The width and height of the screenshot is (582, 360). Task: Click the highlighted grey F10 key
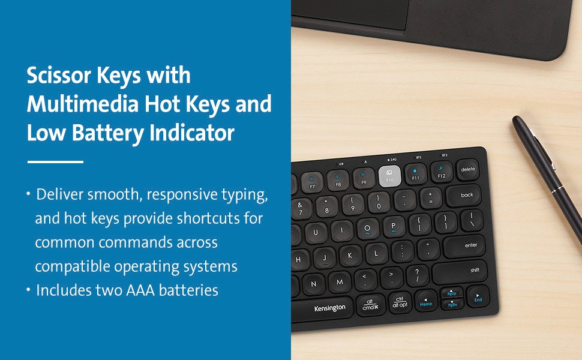point(389,176)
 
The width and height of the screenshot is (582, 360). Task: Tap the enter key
point(466,246)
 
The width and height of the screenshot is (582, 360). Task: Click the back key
point(464,196)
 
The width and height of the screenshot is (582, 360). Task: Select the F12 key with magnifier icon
point(442,172)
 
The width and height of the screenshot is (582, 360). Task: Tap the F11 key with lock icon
point(415,174)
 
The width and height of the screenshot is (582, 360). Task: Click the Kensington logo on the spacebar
point(329,308)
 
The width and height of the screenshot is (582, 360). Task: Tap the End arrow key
point(478,297)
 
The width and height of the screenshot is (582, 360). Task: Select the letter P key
point(394,227)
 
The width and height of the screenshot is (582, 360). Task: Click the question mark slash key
point(418,277)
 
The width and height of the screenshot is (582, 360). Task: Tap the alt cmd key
point(370,305)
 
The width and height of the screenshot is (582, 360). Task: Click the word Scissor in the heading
point(59,75)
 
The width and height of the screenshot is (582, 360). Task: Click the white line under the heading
point(55,162)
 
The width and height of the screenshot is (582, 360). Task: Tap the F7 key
point(312,182)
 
